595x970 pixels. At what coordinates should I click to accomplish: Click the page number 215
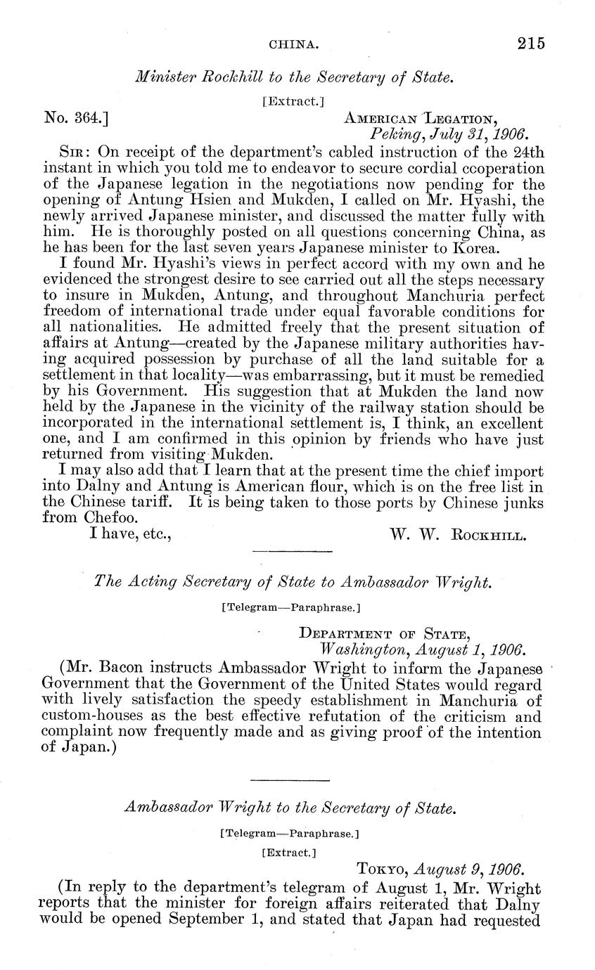pos(530,44)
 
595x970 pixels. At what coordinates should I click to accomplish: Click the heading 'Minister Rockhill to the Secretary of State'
pos(292,78)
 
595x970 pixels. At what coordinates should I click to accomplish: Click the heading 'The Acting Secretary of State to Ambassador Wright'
pos(292,581)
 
